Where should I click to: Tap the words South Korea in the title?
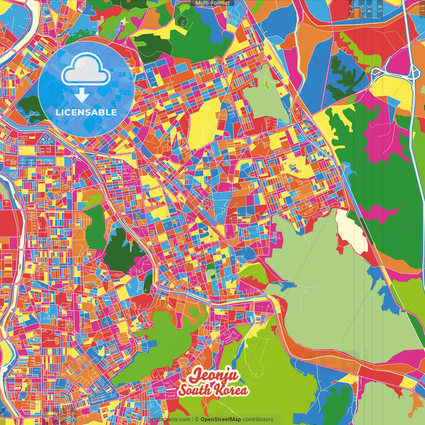point(213,390)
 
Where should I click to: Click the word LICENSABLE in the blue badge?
point(86,112)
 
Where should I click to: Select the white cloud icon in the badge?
point(86,70)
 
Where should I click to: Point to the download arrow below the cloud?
point(81,95)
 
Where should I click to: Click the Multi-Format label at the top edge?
point(212,3)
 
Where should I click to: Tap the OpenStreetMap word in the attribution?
point(220,419)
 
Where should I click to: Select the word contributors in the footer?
point(258,419)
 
